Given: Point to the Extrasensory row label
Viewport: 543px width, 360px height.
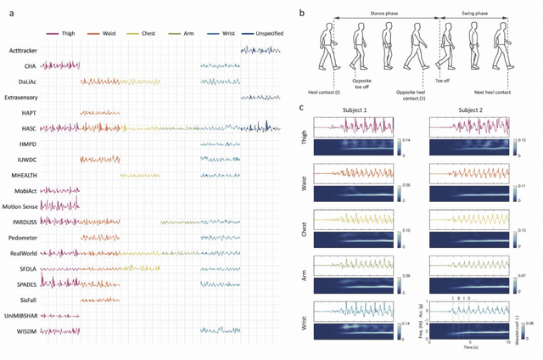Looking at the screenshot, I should coord(21,98).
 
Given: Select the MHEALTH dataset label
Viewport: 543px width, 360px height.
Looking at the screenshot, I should coord(20,175).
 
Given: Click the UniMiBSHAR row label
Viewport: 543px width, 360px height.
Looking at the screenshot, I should coord(21,315).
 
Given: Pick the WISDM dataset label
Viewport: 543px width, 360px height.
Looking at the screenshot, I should coord(17,330).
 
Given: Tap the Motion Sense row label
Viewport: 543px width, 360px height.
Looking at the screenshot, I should coord(23,206).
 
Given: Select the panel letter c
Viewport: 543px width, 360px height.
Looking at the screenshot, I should coord(303,106).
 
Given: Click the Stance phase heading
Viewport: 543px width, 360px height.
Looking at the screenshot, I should coord(385,14).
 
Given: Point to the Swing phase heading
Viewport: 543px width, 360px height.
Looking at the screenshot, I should coord(476,14).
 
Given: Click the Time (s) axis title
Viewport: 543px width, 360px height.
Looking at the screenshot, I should coord(472,348).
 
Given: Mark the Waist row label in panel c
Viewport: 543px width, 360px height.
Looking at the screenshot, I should coord(306,179).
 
